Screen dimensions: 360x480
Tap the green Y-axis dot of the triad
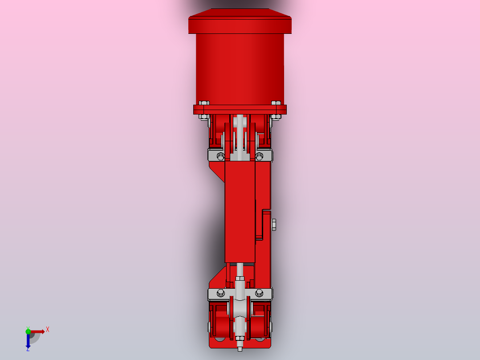(x=28, y=330)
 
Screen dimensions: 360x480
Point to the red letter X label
(x=48, y=329)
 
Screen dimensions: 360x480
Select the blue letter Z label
(x=28, y=350)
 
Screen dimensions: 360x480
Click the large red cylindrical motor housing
(x=240, y=67)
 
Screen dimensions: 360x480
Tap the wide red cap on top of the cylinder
(x=240, y=22)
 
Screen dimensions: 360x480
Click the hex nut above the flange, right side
(x=276, y=102)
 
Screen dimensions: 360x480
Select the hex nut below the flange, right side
(x=276, y=117)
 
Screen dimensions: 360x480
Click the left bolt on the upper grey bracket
(x=220, y=156)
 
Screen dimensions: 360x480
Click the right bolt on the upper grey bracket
(x=259, y=156)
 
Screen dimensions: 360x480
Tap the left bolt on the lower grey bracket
(x=220, y=293)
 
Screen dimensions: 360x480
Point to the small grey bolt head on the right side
(x=273, y=225)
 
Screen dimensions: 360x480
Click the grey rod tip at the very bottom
(x=240, y=349)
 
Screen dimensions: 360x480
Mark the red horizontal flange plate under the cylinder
(x=240, y=110)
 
